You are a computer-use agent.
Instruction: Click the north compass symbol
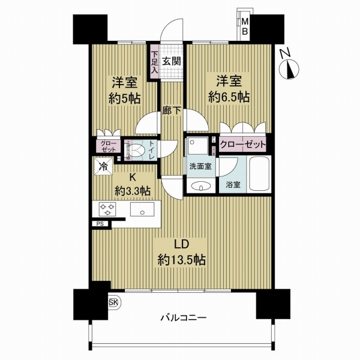tap(288, 64)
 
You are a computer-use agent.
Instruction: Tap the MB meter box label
tap(245, 27)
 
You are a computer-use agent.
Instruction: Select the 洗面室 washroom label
tap(200, 166)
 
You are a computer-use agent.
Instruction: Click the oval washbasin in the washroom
tap(199, 187)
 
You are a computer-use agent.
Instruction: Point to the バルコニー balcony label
tap(183, 317)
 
